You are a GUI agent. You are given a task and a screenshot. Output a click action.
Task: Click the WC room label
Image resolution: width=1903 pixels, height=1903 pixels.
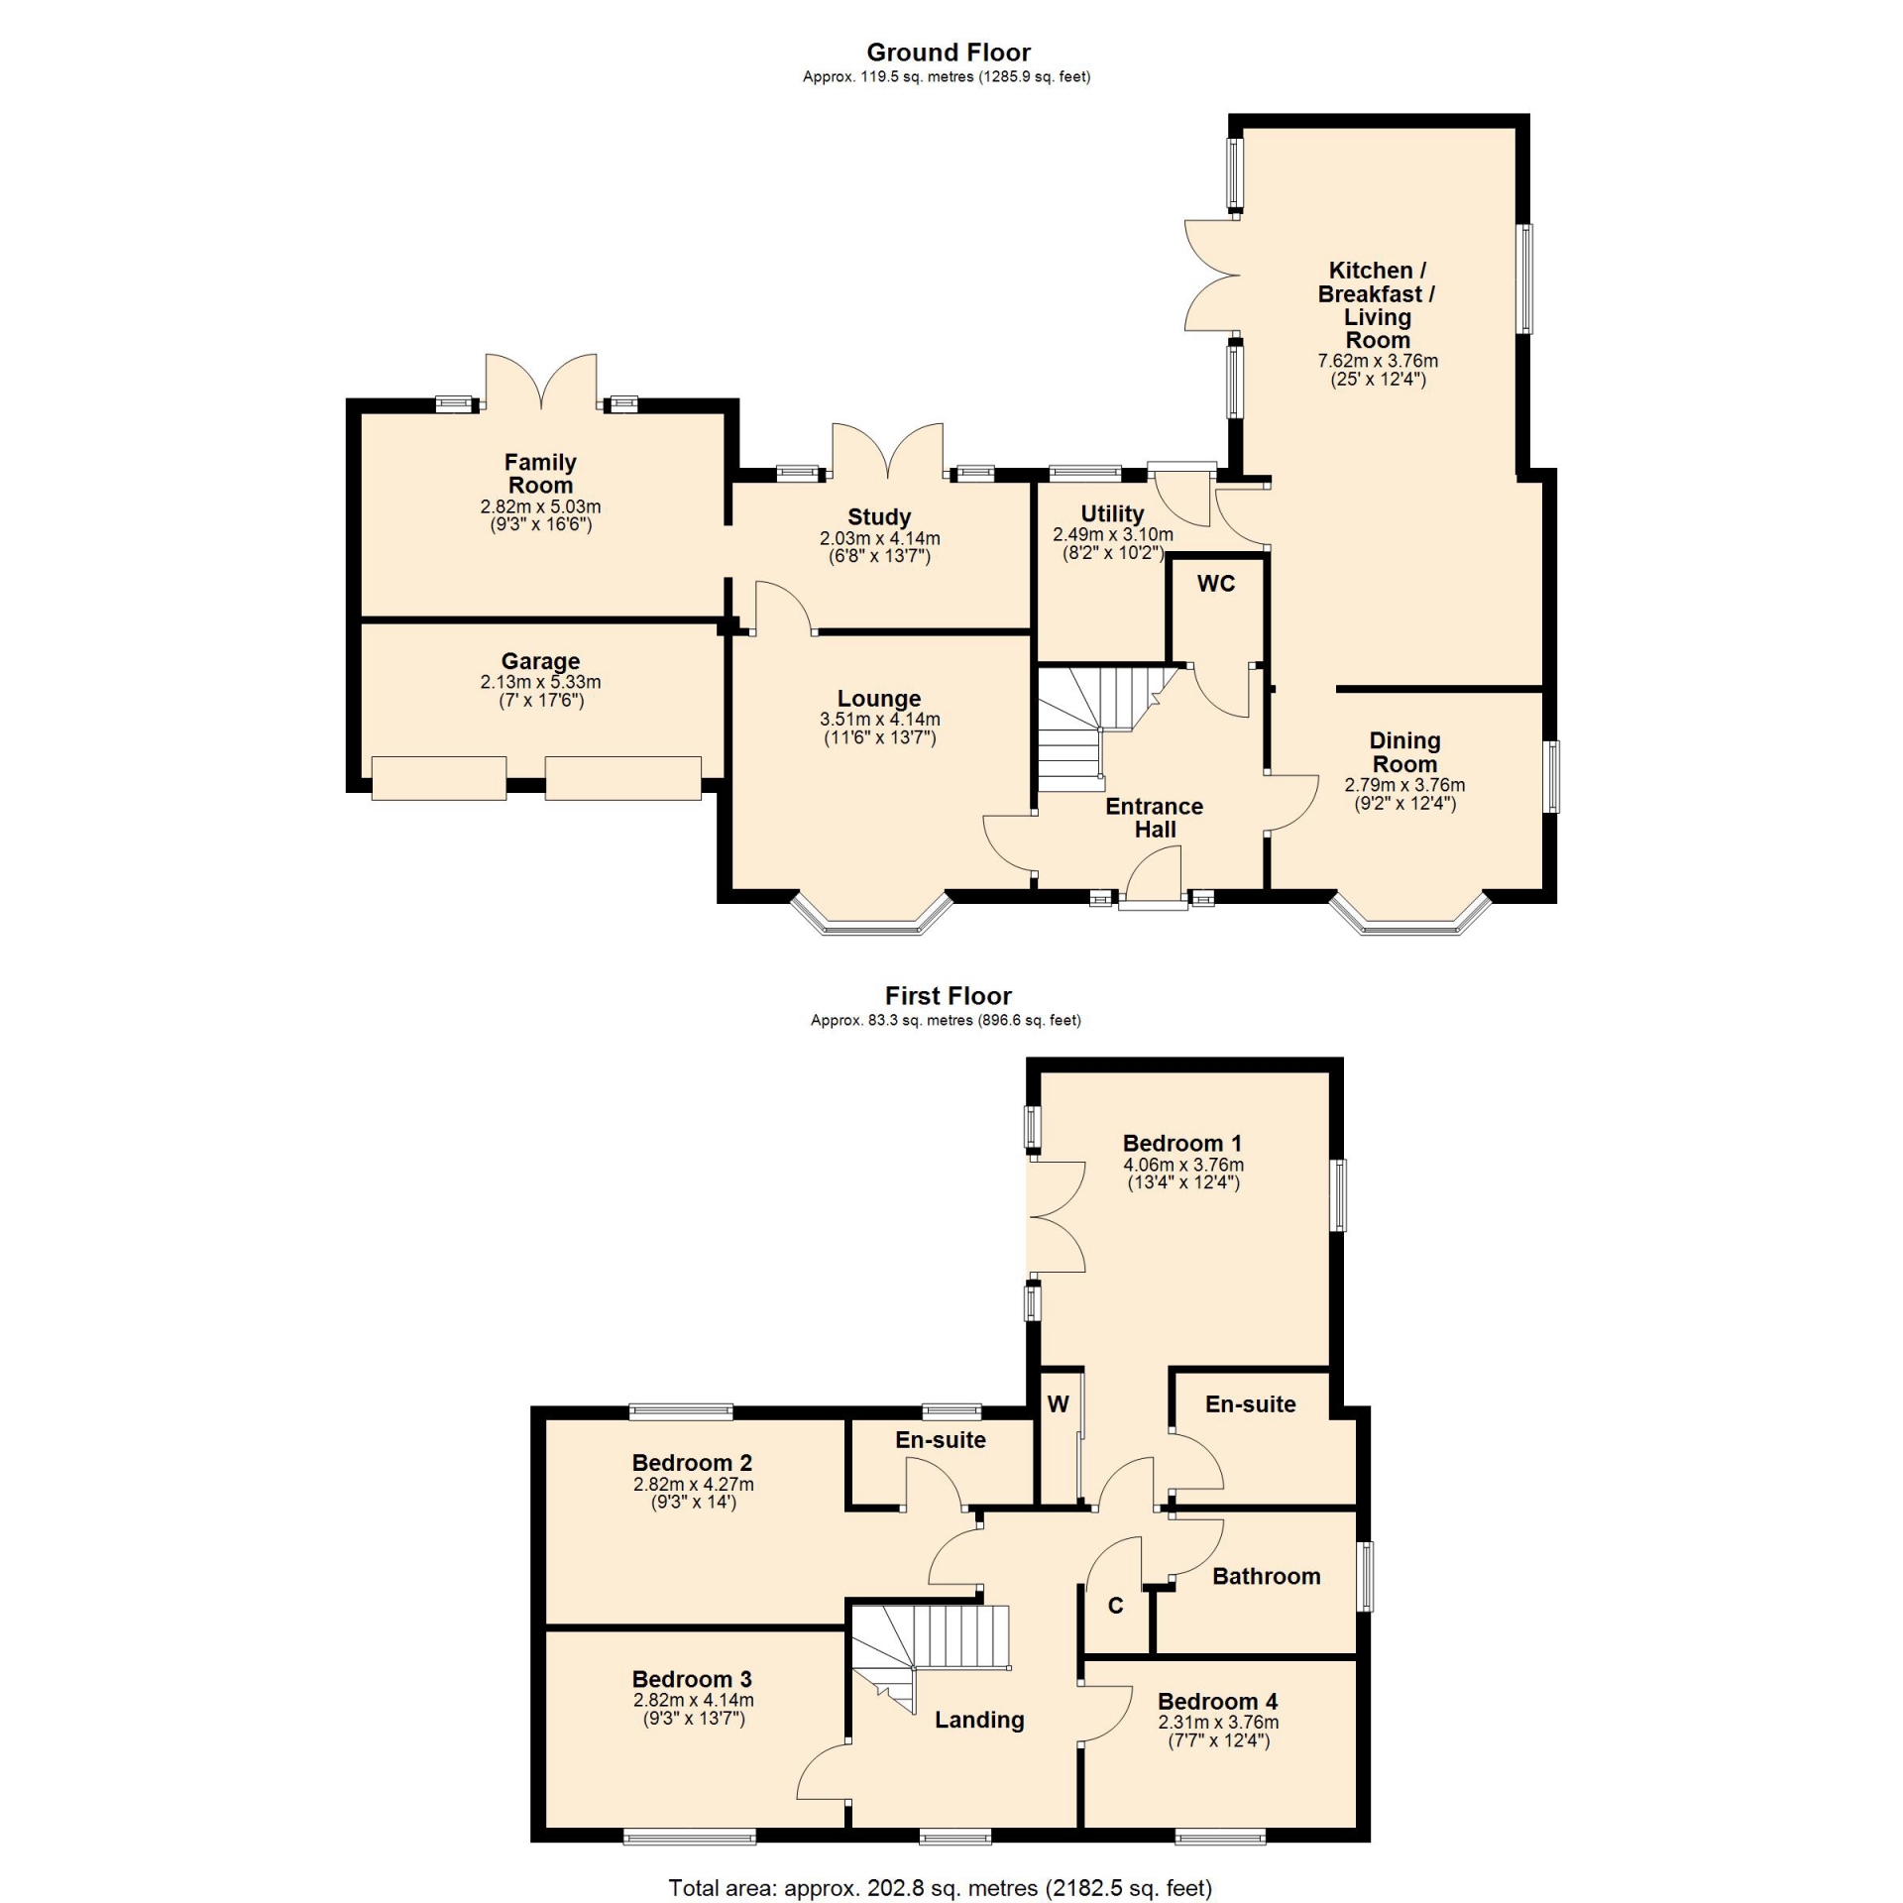click(1216, 584)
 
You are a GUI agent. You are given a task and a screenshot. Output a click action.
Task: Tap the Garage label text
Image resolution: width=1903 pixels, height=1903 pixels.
click(540, 661)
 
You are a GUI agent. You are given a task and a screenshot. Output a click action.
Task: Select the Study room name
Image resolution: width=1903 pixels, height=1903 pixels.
click(879, 517)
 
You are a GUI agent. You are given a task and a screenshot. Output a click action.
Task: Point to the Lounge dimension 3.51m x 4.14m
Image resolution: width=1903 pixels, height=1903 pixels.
click(880, 720)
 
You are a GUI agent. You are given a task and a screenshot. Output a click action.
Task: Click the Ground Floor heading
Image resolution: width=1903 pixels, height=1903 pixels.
click(949, 53)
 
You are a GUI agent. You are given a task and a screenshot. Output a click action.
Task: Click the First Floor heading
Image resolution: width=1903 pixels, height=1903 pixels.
click(949, 995)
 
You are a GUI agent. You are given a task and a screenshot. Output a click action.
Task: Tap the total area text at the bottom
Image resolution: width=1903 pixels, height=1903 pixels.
click(941, 1888)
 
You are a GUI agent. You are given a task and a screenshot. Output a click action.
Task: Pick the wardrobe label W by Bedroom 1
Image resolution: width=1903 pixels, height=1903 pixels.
click(1059, 1403)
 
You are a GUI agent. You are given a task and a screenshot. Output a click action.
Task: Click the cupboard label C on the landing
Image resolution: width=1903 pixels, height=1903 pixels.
click(1115, 1606)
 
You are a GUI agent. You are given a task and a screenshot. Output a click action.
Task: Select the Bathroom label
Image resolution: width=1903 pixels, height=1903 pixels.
click(1267, 1576)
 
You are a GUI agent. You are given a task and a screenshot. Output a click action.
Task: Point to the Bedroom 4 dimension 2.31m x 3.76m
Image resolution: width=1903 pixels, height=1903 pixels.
click(1219, 1723)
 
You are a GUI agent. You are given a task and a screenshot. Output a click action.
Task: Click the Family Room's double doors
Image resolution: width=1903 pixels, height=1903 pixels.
click(541, 381)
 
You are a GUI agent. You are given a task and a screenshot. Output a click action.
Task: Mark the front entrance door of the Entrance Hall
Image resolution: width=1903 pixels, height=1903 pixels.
click(1154, 882)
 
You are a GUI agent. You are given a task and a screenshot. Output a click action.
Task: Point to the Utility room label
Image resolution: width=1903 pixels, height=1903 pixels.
click(1112, 513)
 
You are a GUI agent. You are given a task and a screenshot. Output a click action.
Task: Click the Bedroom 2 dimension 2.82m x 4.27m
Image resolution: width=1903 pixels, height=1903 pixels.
click(694, 1485)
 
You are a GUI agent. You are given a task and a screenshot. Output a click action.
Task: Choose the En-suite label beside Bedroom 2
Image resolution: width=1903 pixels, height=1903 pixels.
click(941, 1440)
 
